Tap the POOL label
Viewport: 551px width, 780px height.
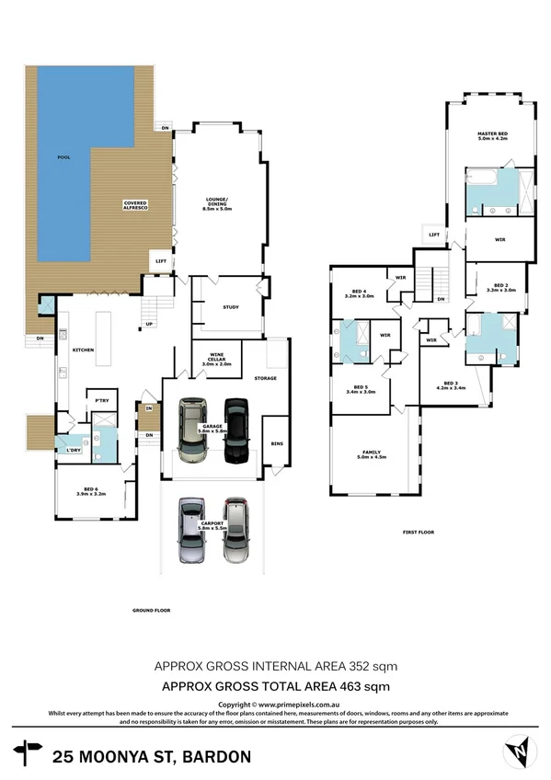point(63,157)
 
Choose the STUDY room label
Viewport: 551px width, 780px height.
point(230,307)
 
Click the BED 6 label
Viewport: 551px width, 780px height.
point(90,490)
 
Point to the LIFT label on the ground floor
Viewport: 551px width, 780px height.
point(161,261)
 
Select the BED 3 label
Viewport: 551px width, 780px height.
point(450,385)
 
